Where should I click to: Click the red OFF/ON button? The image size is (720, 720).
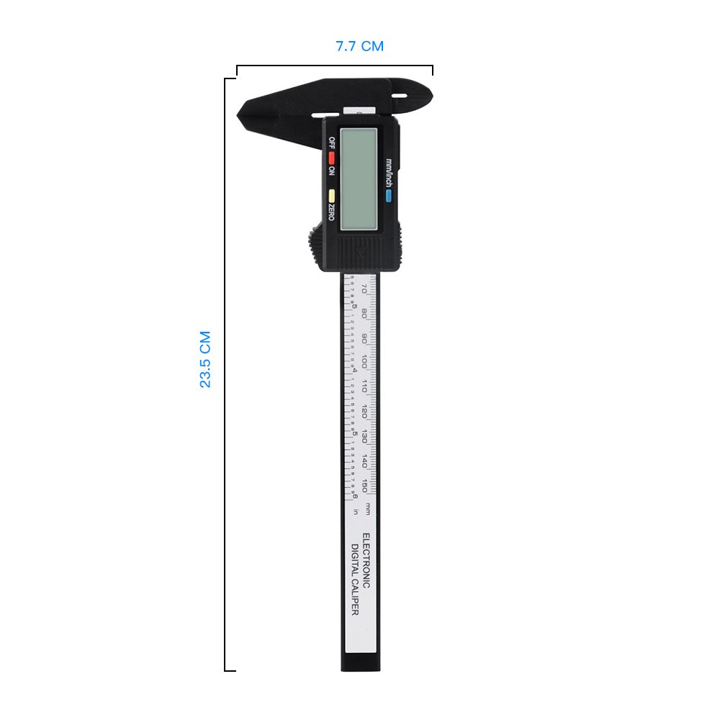pyautogui.click(x=332, y=157)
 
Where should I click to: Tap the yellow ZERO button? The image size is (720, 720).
pyautogui.click(x=332, y=195)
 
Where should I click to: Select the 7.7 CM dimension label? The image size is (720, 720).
pyautogui.click(x=360, y=47)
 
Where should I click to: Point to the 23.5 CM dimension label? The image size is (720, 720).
pyautogui.click(x=205, y=360)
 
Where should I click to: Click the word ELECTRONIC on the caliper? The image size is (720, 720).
pyautogui.click(x=365, y=562)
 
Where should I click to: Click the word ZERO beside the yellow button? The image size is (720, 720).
pyautogui.click(x=330, y=212)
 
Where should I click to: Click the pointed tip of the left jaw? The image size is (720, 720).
pyautogui.click(x=240, y=114)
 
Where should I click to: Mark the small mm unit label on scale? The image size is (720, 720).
pyautogui.click(x=367, y=508)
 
